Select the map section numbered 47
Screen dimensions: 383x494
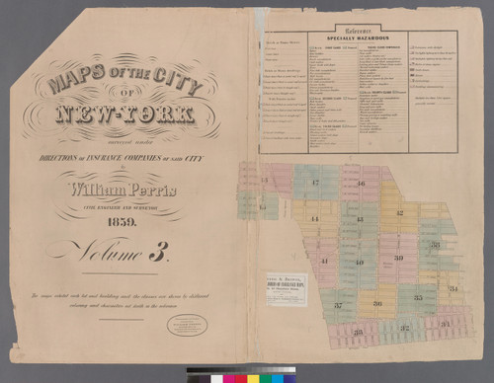point(314,183)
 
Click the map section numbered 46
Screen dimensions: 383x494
point(361,184)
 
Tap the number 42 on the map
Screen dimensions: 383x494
point(399,212)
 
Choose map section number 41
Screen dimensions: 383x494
point(323,261)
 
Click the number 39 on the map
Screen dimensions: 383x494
point(398,257)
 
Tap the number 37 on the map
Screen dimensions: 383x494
point(337,305)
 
